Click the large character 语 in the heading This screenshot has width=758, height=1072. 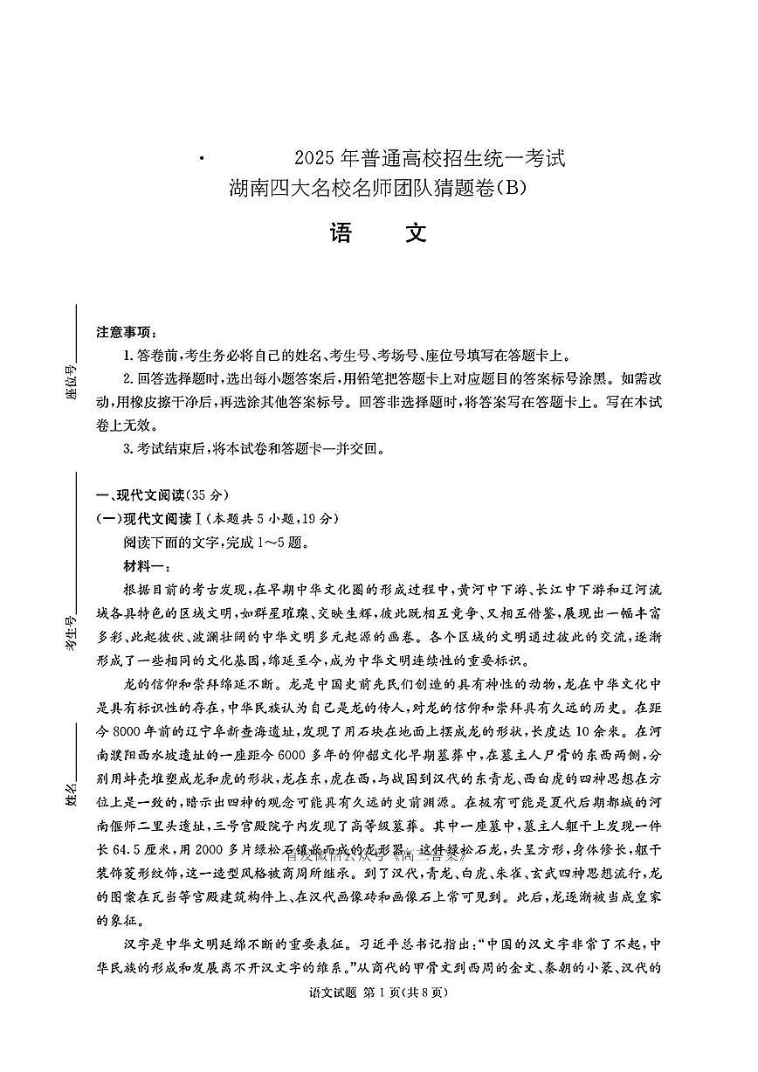(341, 232)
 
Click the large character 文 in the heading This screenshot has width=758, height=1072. (416, 232)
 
